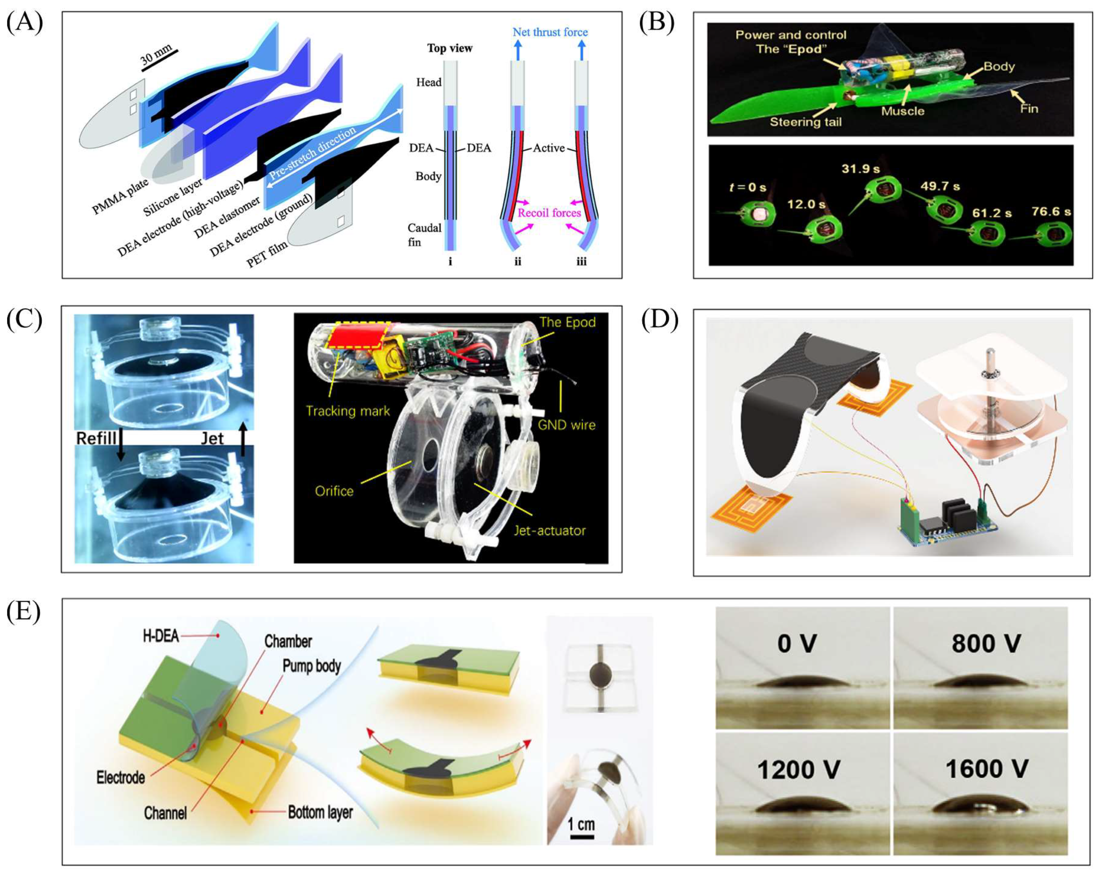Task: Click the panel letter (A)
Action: (24, 23)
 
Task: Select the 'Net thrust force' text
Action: (550, 32)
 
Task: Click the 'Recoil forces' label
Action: (549, 212)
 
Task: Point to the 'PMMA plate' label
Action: (120, 197)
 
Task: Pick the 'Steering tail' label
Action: (806, 122)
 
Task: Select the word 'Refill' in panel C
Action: (96, 438)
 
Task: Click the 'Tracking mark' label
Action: (347, 410)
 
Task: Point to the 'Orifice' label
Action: (334, 491)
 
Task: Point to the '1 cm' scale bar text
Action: (581, 824)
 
